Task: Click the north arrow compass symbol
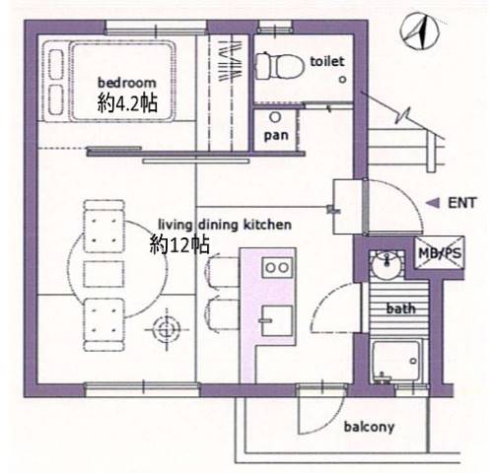(x=420, y=32)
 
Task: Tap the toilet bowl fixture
(x=280, y=66)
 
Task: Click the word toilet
(x=327, y=61)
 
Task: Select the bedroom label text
(x=127, y=83)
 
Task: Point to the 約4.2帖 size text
(x=127, y=102)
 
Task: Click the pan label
(x=276, y=135)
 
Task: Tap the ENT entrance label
(x=461, y=203)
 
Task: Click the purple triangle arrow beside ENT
(x=433, y=203)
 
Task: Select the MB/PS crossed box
(x=440, y=253)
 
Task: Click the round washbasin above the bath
(x=387, y=265)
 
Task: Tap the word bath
(x=400, y=308)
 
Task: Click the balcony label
(x=369, y=427)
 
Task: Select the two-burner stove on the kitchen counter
(x=277, y=268)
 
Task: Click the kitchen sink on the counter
(x=276, y=320)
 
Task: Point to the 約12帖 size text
(x=179, y=244)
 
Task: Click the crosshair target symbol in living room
(x=168, y=329)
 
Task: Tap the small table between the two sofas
(x=104, y=274)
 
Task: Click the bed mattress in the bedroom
(x=122, y=81)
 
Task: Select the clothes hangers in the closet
(x=231, y=61)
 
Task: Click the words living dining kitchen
(x=225, y=225)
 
